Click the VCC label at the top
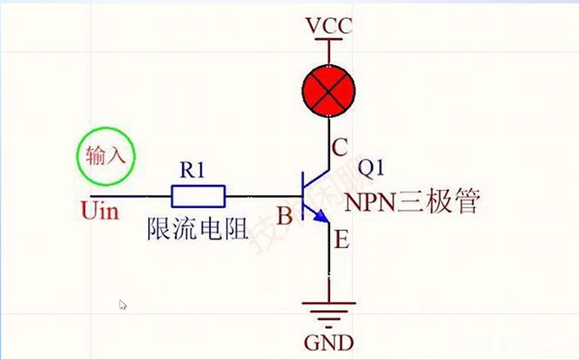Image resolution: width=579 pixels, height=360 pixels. pos(329,26)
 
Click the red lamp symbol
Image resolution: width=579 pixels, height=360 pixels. pos(329,89)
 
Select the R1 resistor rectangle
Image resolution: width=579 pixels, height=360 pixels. pos(198,196)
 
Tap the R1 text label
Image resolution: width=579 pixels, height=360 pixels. pos(192,170)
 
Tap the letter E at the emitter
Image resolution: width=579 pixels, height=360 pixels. pos(341,240)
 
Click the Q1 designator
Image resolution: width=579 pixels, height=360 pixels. pos(372,167)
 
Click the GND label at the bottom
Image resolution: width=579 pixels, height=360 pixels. pos(329,341)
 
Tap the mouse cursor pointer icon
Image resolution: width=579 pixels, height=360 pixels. pos(123,304)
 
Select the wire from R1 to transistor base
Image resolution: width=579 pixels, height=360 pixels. pos(260,196)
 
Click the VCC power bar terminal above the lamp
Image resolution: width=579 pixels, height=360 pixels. pos(329,43)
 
